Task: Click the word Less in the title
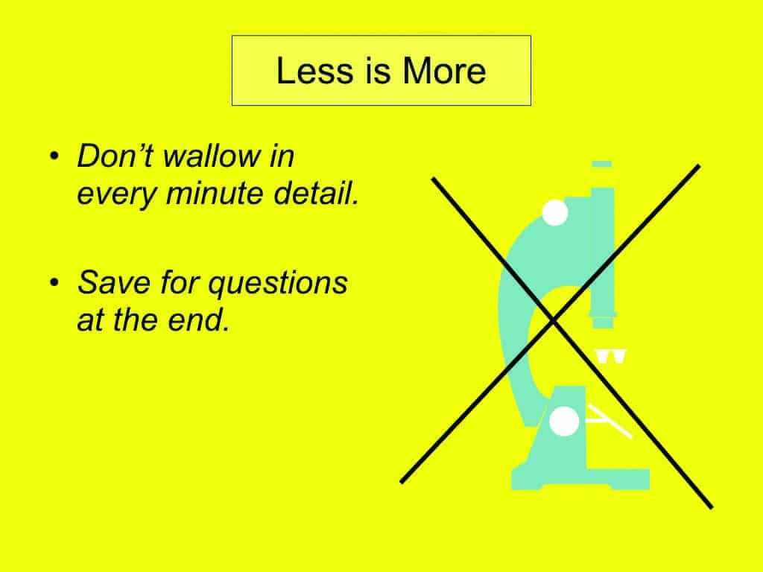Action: pyautogui.click(x=314, y=71)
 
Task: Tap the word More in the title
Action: pyautogui.click(x=444, y=71)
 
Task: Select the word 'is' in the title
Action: pyautogui.click(x=377, y=71)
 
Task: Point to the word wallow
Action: pyautogui.click(x=212, y=156)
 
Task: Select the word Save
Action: pyautogui.click(x=114, y=282)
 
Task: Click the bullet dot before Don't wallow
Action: pyautogui.click(x=54, y=156)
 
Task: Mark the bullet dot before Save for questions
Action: pyautogui.click(x=54, y=282)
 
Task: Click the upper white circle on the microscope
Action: pyautogui.click(x=554, y=212)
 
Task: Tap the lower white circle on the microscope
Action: pyautogui.click(x=564, y=421)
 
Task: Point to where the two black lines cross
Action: pyautogui.click(x=553, y=320)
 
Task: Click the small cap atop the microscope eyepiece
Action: pyautogui.click(x=602, y=164)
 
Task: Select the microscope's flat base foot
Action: pyautogui.click(x=580, y=479)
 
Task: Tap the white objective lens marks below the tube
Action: pyautogui.click(x=611, y=356)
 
